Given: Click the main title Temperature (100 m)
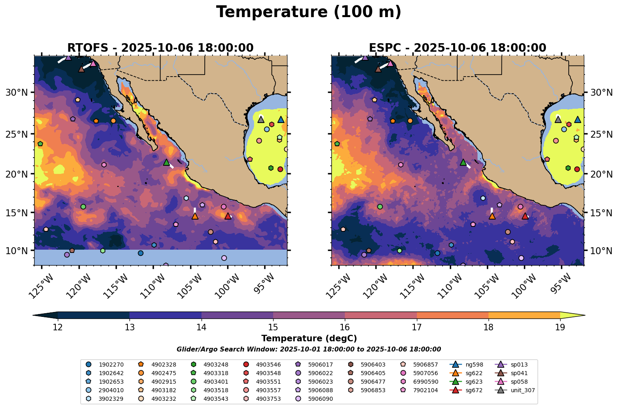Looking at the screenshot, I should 309,12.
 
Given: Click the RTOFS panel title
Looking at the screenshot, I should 160,48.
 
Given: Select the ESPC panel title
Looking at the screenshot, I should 457,48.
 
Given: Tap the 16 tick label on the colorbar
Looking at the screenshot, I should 345,327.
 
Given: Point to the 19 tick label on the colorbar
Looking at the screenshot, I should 560,327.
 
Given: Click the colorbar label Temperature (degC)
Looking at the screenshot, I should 309,338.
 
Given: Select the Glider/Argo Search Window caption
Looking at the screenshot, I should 309,349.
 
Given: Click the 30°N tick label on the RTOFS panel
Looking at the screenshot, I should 16,92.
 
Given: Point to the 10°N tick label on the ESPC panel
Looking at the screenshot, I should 601,250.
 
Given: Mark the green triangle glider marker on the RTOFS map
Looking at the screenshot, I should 166,162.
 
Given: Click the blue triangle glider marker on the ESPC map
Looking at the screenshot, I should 577,119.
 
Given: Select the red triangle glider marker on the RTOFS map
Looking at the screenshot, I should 228,216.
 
